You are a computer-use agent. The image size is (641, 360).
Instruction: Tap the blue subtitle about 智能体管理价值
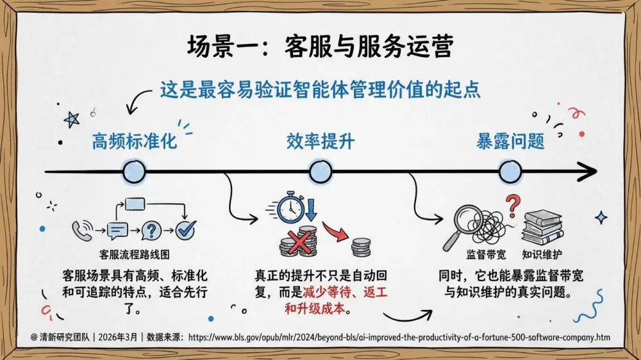click(x=320, y=88)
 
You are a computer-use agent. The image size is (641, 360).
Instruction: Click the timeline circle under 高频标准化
click(x=134, y=171)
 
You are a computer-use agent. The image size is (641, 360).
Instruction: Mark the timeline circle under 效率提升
click(x=320, y=171)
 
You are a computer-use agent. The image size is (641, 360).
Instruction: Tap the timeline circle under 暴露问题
click(x=510, y=171)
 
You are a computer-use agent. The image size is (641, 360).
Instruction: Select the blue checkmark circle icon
click(x=186, y=229)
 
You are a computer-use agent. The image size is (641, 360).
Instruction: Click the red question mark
click(x=512, y=206)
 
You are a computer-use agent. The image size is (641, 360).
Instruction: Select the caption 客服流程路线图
click(x=135, y=254)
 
